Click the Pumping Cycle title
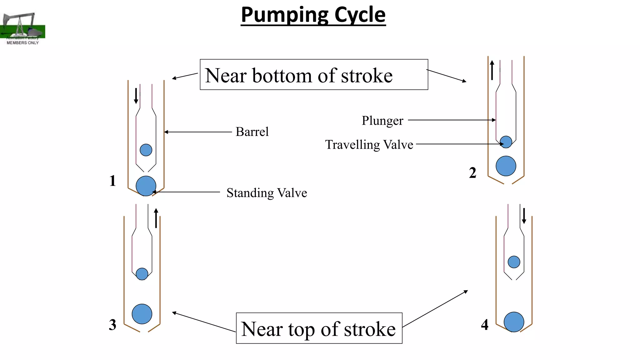click(x=313, y=15)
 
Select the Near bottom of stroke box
click(x=314, y=75)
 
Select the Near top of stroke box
click(x=319, y=328)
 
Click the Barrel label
click(x=252, y=132)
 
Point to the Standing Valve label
click(x=267, y=193)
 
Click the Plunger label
click(x=382, y=121)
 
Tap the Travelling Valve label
click(x=369, y=145)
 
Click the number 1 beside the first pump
click(x=112, y=181)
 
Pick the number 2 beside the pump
click(x=472, y=173)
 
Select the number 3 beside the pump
click(x=112, y=325)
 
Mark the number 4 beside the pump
click(x=484, y=325)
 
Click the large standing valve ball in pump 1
click(x=146, y=186)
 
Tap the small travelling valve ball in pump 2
click(x=506, y=142)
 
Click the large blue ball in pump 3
click(x=142, y=314)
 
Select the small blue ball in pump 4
click(x=514, y=262)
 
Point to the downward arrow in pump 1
click(x=136, y=96)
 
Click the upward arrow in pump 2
click(x=492, y=70)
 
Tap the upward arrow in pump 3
click(x=156, y=218)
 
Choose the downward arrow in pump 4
click(x=524, y=216)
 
